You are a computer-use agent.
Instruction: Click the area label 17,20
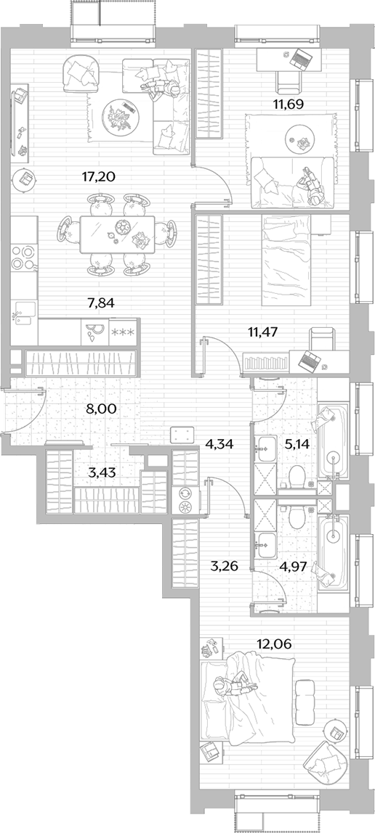pyautogui.click(x=99, y=177)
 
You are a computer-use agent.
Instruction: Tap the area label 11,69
pyautogui.click(x=289, y=104)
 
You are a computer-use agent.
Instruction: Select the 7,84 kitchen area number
pyautogui.click(x=101, y=303)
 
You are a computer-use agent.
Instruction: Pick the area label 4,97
pyautogui.click(x=294, y=566)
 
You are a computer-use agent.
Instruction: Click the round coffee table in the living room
pyautogui.click(x=122, y=116)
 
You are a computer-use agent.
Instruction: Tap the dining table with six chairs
pyautogui.click(x=118, y=234)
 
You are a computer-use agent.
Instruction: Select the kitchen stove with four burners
pyautogui.click(x=24, y=257)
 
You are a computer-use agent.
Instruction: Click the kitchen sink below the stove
pyautogui.click(x=25, y=313)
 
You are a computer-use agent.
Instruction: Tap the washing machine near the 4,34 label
pyautogui.click(x=185, y=500)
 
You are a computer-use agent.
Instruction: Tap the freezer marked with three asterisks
pyautogui.click(x=123, y=332)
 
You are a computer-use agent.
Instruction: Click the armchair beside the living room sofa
pyautogui.click(x=81, y=74)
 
